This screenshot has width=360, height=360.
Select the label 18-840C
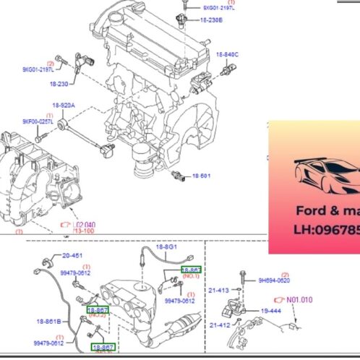point(227,55)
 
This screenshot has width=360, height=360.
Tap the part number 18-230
point(59,84)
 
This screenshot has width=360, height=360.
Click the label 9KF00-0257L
point(38,121)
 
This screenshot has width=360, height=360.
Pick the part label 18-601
point(201,176)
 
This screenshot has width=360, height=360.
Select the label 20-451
point(72,255)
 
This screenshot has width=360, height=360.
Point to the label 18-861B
point(49,319)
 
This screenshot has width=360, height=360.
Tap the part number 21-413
point(219,290)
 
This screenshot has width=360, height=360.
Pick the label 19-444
point(270,310)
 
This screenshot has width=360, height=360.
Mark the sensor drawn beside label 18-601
point(178,176)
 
